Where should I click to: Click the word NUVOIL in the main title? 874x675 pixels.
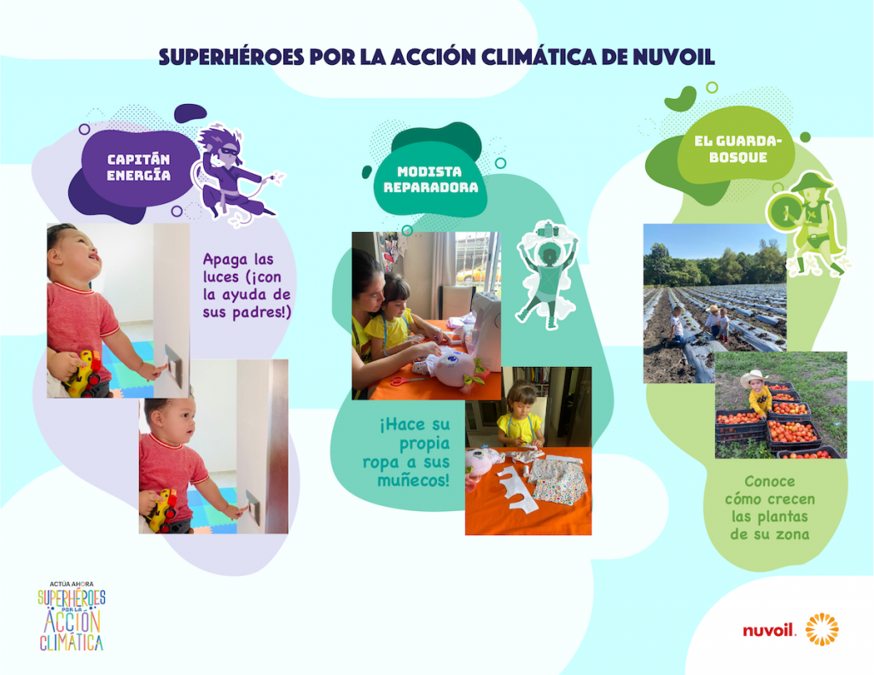coord(673,57)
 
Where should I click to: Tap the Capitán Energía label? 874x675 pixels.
coord(139,167)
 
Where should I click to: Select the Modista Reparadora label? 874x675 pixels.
coord(430,179)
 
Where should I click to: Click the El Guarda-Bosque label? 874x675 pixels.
coord(738,148)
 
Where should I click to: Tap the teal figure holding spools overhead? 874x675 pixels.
coord(547,274)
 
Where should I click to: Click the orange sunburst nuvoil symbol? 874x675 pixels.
coord(822,629)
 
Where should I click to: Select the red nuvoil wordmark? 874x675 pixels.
coord(769,631)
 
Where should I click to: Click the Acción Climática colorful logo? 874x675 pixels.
coord(72,616)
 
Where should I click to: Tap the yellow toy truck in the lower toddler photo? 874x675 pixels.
coord(162,509)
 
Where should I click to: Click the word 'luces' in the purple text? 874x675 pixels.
coord(221,277)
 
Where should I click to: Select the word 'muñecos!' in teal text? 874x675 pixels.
coord(413,480)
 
